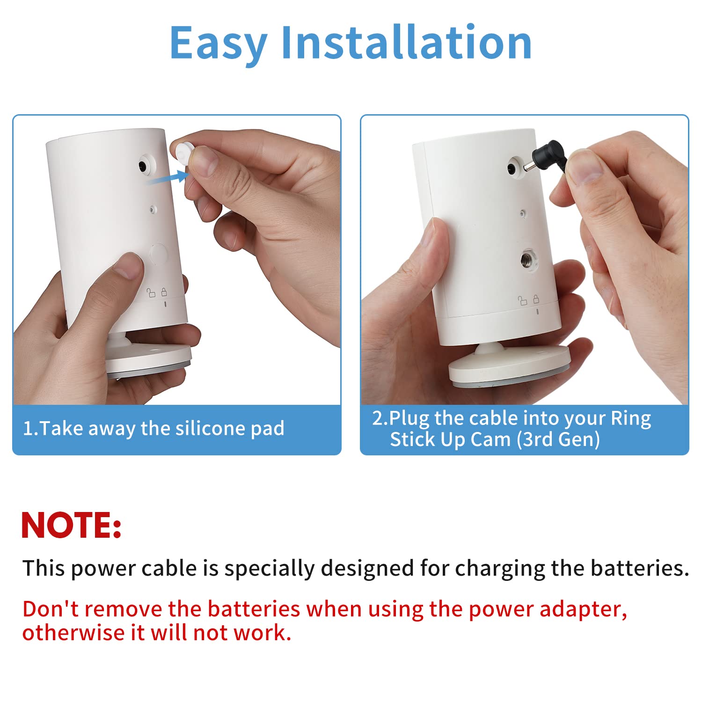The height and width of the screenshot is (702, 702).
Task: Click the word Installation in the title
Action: click(x=406, y=43)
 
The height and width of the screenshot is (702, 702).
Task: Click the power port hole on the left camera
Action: click(x=142, y=166)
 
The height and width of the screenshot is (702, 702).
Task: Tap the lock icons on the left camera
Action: click(x=157, y=293)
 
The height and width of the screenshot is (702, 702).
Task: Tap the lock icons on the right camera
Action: click(x=529, y=300)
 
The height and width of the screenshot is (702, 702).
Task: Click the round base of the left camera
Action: click(x=149, y=360)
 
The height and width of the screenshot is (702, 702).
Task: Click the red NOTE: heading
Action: click(x=71, y=525)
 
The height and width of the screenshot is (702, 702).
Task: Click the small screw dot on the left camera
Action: click(x=153, y=210)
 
